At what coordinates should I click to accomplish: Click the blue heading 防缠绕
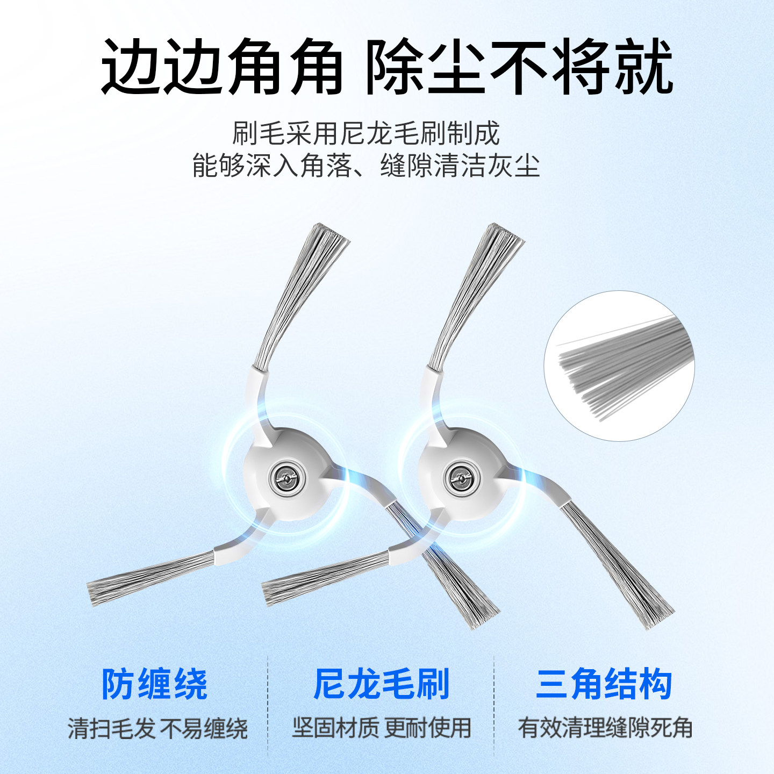pyautogui.click(x=155, y=684)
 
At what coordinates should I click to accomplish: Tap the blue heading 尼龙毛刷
pyautogui.click(x=381, y=684)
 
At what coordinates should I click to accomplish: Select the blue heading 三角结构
pyautogui.click(x=604, y=684)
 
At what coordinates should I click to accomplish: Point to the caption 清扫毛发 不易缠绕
pyautogui.click(x=157, y=729)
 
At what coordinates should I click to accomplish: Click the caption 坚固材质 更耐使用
pyautogui.click(x=382, y=728)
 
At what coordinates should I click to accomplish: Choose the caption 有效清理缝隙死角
pyautogui.click(x=605, y=728)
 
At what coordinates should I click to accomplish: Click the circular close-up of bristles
pyautogui.click(x=619, y=366)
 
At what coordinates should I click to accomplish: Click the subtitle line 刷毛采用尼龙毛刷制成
pyautogui.click(x=366, y=133)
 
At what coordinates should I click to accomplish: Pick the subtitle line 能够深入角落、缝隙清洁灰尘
pyautogui.click(x=366, y=166)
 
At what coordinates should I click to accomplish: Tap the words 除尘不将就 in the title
pyautogui.click(x=520, y=67)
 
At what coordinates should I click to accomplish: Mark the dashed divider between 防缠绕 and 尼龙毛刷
pyautogui.click(x=268, y=704)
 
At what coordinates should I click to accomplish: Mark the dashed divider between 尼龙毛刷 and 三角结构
pyautogui.click(x=494, y=704)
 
